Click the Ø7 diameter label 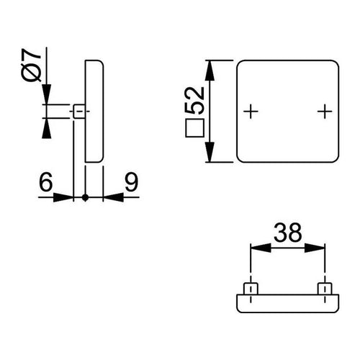pos(31,65)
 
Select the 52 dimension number pos(195,100)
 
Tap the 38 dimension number pos(287,233)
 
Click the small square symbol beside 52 pos(194,128)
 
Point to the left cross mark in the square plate pos(251,112)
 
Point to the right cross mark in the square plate pos(325,112)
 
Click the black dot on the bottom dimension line pos(85,197)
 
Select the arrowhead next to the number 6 pos(63,197)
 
